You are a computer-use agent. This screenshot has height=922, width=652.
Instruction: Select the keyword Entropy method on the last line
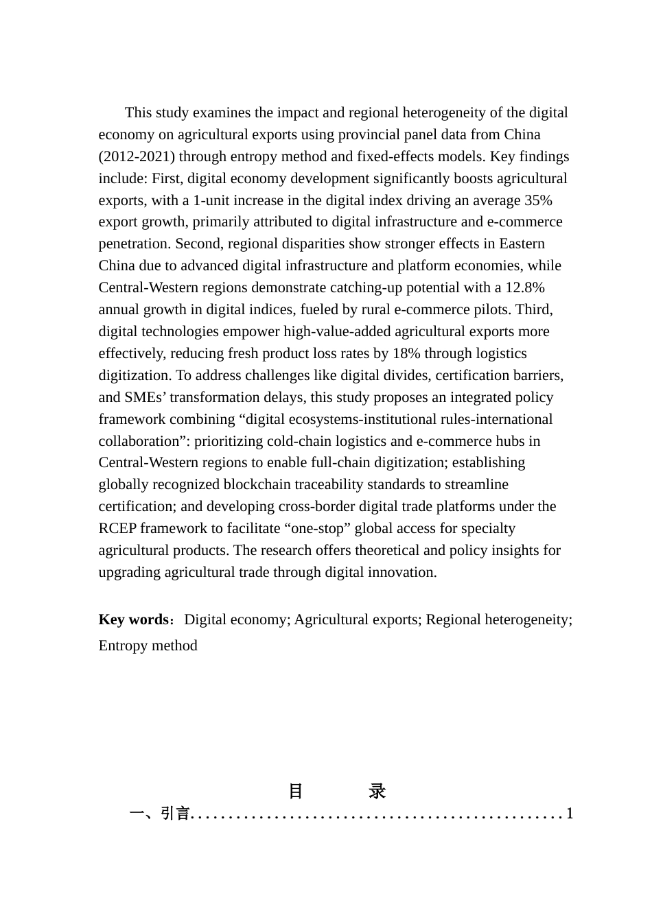tap(148, 646)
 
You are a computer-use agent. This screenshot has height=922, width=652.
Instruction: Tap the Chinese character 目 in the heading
tap(296, 791)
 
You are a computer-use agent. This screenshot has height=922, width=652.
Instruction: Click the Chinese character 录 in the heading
tap(377, 791)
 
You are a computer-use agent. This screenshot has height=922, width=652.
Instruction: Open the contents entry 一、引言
tap(159, 814)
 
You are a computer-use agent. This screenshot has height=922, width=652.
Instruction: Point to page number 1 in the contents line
tap(569, 814)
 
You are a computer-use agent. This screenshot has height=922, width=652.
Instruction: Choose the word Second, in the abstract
tap(201, 244)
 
